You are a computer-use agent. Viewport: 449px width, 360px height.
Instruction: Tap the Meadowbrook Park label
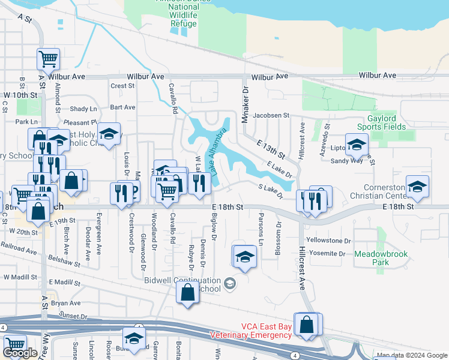[381, 258]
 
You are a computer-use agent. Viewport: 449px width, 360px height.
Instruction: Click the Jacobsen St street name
[271, 115]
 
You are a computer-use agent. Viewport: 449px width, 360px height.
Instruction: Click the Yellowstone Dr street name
[328, 240]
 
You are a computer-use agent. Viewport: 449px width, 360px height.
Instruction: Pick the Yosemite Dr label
[325, 253]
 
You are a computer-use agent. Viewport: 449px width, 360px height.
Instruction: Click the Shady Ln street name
[83, 109]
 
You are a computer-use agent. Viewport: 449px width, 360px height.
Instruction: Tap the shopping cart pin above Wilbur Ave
[48, 59]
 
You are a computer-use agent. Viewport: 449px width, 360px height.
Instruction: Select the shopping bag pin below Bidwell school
[187, 293]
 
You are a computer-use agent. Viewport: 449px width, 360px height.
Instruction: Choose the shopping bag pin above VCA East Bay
[306, 323]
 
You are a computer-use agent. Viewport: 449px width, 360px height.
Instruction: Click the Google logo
[20, 353]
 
